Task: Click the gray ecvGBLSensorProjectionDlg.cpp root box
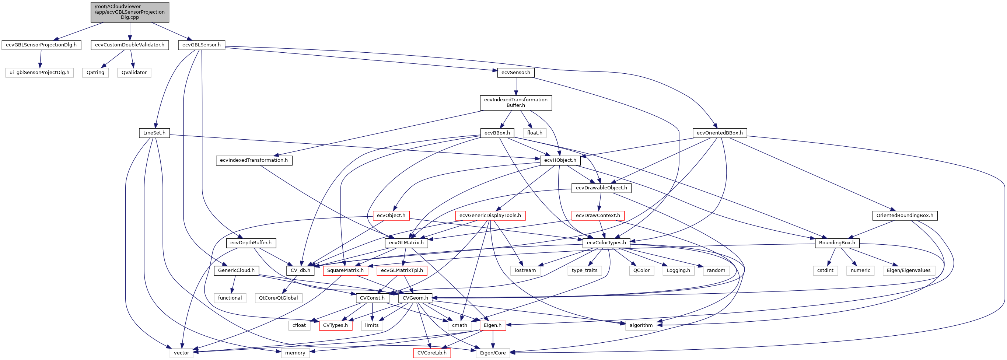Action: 130,12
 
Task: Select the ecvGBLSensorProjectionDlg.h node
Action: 41,45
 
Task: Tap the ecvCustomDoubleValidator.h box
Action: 130,45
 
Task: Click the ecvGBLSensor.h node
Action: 201,45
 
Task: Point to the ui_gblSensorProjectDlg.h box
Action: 39,73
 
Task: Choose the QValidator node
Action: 134,73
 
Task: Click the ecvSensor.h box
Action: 515,73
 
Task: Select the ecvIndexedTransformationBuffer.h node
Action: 515,102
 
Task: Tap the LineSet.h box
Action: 154,133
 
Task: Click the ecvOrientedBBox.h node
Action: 719,133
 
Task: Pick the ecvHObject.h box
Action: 560,160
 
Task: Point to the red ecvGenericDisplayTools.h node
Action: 490,216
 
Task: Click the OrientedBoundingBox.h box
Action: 905,216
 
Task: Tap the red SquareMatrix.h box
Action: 345,270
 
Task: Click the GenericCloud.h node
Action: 236,270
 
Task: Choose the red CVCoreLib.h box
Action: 431,353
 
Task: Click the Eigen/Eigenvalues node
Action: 909,270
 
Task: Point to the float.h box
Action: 534,133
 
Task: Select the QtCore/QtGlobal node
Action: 278,298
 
